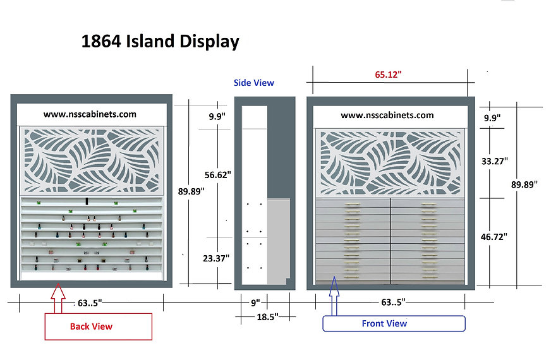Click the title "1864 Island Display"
(x=160, y=42)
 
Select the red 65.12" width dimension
(x=388, y=75)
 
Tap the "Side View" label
(x=254, y=83)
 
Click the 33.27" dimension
(x=494, y=161)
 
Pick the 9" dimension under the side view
(x=255, y=303)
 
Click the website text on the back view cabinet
(x=90, y=114)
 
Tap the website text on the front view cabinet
(x=387, y=115)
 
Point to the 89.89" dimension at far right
(x=524, y=184)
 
